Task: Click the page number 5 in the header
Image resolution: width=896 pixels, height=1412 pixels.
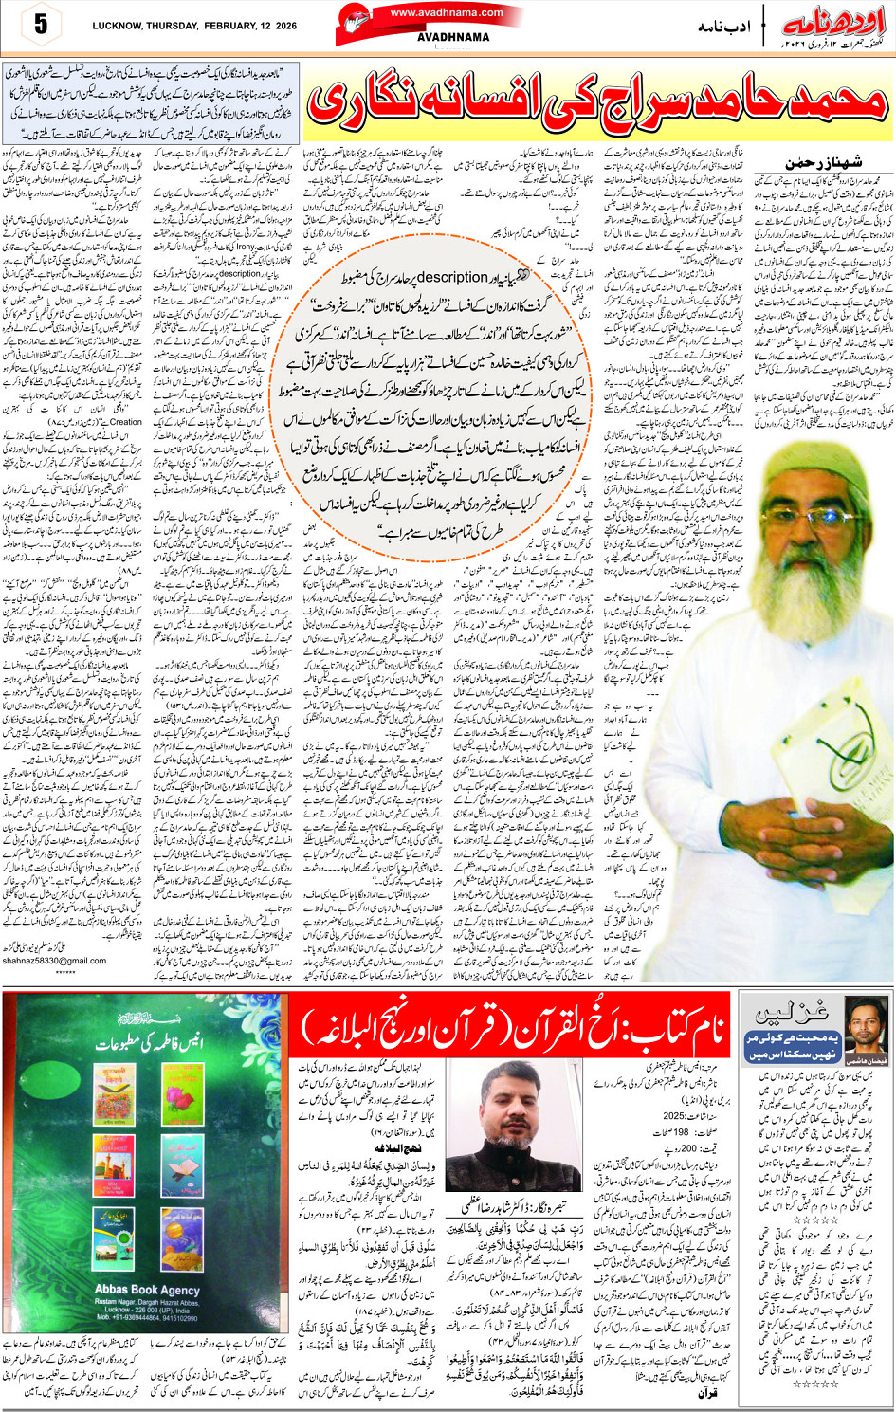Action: pyautogui.click(x=40, y=25)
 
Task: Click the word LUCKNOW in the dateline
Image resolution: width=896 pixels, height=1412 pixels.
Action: pyautogui.click(x=119, y=27)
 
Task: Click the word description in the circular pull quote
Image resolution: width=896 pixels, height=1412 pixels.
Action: pyautogui.click(x=448, y=277)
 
